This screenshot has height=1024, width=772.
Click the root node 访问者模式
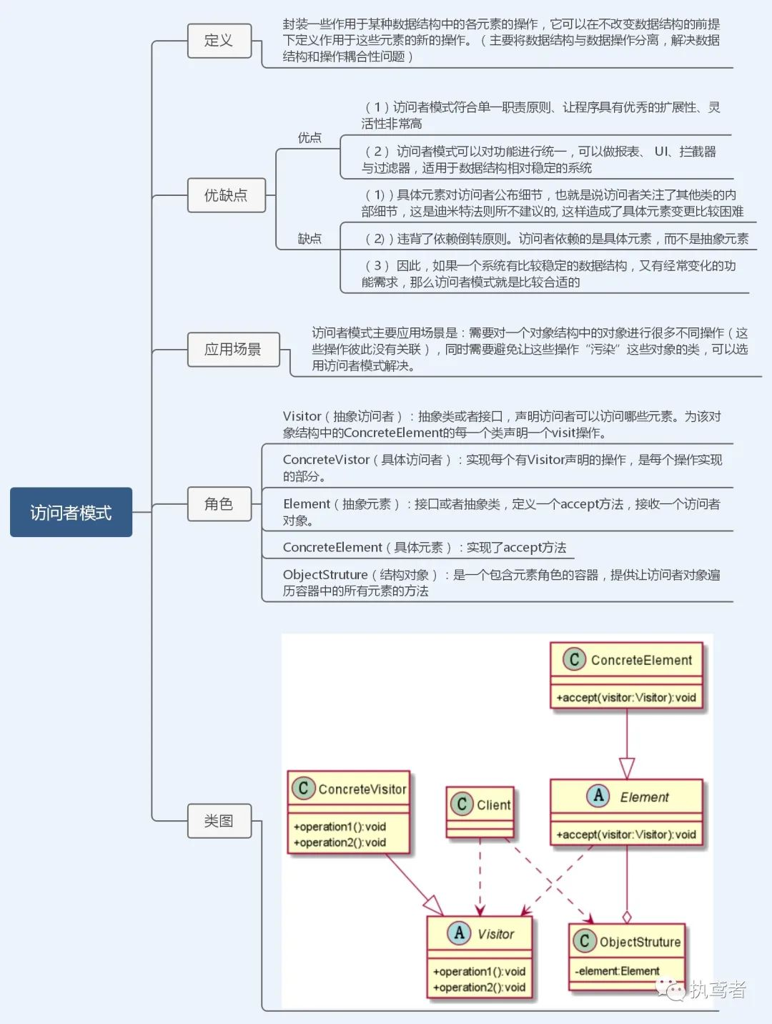point(71,512)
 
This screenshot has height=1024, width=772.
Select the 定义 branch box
point(219,41)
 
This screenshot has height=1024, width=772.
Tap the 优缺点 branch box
point(226,195)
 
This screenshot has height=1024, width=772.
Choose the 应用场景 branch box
point(233,350)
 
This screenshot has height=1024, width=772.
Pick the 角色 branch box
point(219,504)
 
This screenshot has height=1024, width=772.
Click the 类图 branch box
point(219,821)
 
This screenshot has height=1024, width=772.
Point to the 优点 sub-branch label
point(310,137)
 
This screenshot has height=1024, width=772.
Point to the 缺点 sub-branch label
point(310,238)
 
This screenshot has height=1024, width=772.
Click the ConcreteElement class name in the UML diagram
point(641,660)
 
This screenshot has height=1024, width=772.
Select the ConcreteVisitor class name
point(362,789)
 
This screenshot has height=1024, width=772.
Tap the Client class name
point(493,805)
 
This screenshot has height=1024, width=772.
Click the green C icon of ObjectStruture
point(584,941)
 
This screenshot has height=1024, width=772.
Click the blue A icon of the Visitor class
point(459,933)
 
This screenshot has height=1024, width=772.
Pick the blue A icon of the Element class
point(598,796)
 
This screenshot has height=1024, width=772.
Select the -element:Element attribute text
point(618,971)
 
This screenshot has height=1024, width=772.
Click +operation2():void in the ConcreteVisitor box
point(340,842)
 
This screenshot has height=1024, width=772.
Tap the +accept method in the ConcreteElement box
point(626,697)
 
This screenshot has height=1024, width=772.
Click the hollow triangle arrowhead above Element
point(627,768)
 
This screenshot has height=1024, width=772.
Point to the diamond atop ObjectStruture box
point(627,917)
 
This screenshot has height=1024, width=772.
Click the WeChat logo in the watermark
point(670,989)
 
